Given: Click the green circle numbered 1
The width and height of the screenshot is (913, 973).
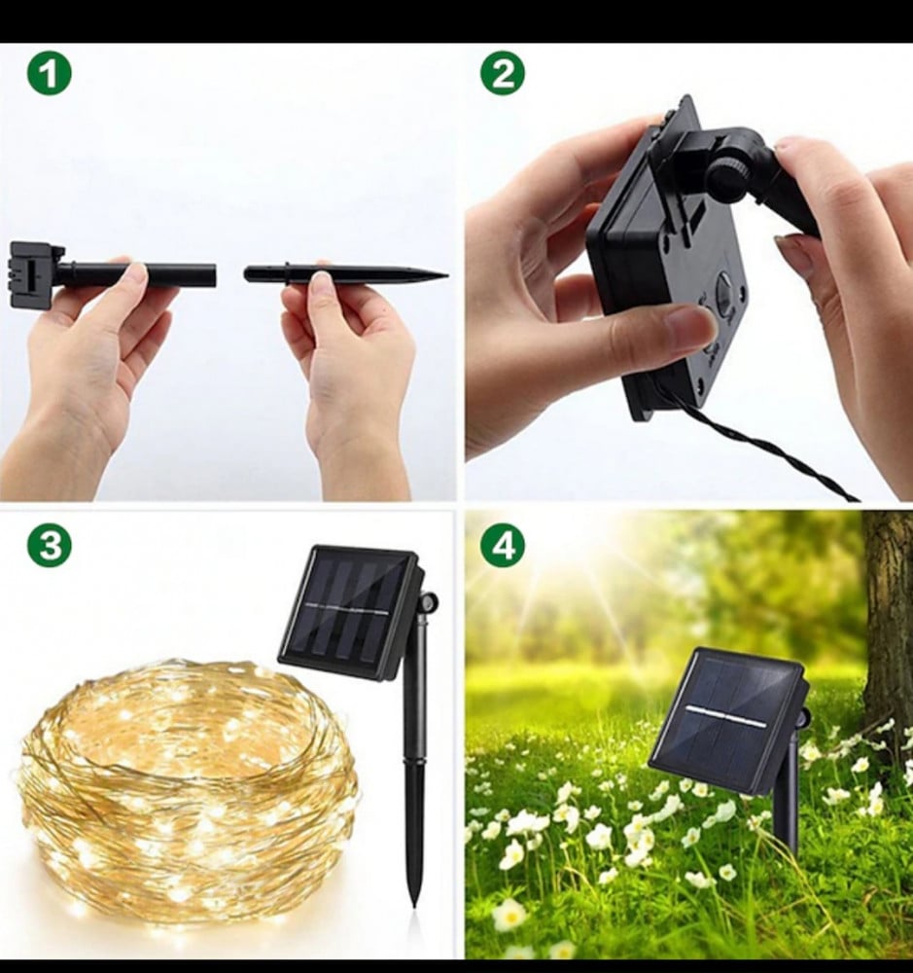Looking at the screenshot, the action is pos(49,74).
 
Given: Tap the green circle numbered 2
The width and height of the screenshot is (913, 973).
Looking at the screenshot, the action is pos(503,74).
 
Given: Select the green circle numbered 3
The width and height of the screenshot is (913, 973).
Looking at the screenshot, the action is pos(49,546).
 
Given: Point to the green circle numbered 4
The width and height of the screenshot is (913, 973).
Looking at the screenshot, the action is pos(503,546).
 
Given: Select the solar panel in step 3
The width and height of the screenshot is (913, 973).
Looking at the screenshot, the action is pos(350,611).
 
